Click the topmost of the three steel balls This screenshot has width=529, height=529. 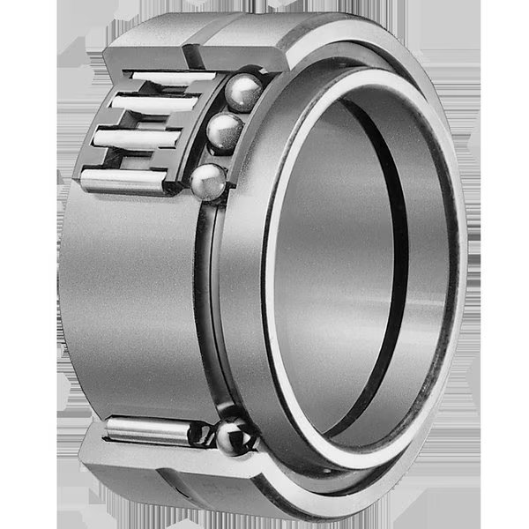point(243,92)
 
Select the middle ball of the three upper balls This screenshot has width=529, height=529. point(226,132)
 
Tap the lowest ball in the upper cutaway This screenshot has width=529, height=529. point(210,181)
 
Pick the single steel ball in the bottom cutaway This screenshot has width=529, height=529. point(235,438)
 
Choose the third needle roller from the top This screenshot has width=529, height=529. point(137,139)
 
